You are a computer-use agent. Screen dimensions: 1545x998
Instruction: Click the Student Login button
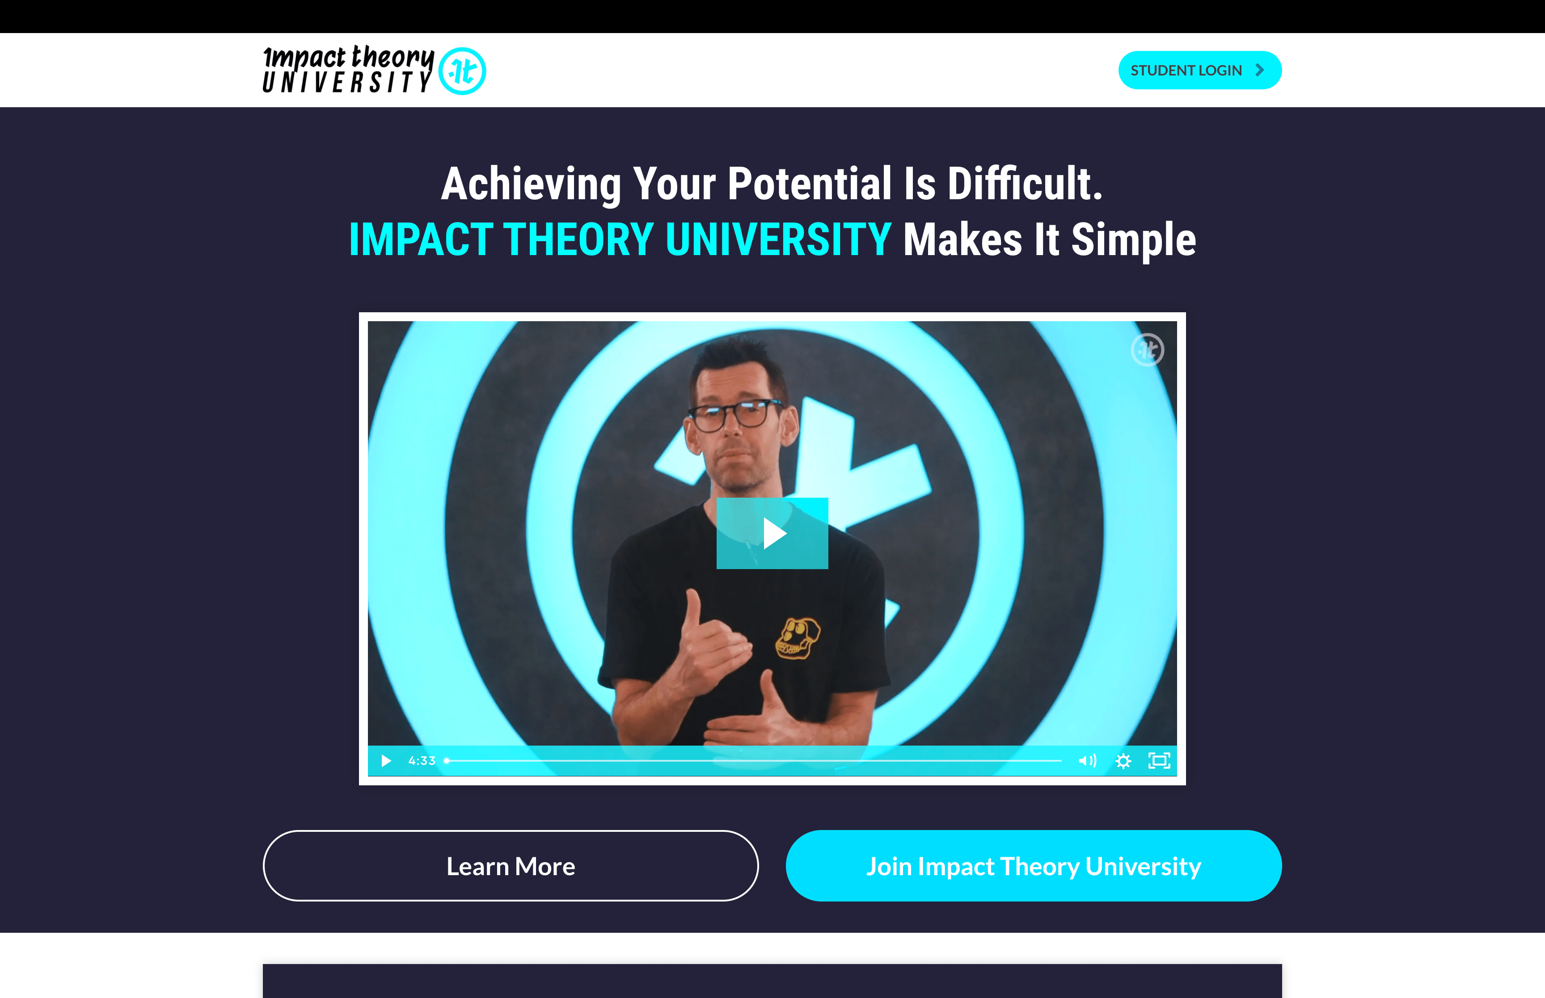click(1199, 70)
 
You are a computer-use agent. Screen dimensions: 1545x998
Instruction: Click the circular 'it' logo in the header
click(462, 71)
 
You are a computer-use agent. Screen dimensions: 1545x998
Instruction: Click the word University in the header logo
click(347, 82)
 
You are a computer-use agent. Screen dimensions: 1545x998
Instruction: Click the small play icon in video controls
click(386, 761)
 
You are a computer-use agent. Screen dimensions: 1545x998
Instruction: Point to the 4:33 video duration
click(422, 761)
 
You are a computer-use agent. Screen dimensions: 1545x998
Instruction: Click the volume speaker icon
click(1087, 761)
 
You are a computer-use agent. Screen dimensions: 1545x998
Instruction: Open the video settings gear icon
click(1123, 761)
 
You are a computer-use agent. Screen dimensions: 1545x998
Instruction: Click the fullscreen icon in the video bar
click(1159, 761)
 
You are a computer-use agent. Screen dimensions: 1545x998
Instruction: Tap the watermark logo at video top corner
click(1148, 350)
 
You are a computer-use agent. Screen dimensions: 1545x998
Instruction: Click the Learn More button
click(511, 866)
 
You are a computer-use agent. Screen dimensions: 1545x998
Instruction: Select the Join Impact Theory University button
click(1034, 866)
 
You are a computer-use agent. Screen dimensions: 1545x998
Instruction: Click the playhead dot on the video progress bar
click(447, 761)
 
